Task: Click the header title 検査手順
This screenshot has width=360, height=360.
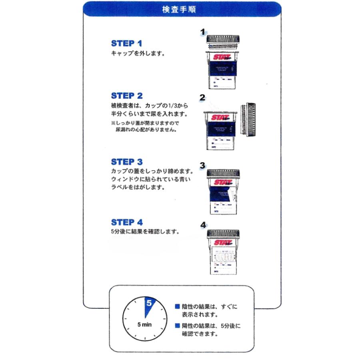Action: click(x=181, y=8)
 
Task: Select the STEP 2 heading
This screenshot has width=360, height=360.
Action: click(x=127, y=96)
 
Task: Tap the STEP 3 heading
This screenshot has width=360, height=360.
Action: click(x=127, y=162)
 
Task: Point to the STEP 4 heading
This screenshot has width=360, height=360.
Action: click(x=127, y=222)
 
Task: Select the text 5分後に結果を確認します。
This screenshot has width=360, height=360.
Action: click(x=144, y=231)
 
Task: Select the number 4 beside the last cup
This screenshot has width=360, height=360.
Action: click(x=203, y=225)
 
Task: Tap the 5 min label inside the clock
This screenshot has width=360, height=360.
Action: click(x=144, y=325)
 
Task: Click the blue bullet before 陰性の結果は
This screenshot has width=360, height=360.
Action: click(x=177, y=307)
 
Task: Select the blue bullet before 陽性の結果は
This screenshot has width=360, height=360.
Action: click(x=177, y=326)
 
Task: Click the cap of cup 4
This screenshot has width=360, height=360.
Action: click(x=223, y=234)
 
